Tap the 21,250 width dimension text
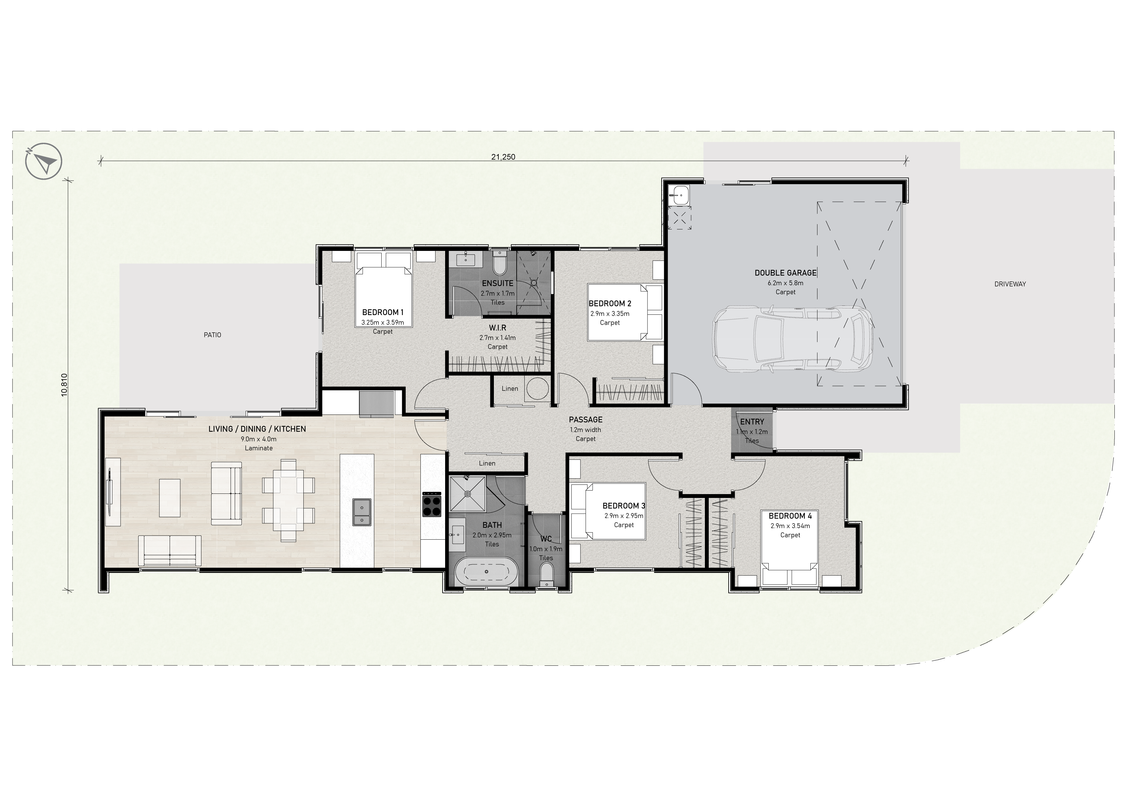point(503,157)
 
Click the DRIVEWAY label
point(1010,284)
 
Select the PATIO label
point(213,335)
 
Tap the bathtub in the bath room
point(486,571)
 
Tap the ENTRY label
point(752,422)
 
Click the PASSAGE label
point(586,420)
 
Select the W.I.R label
point(497,328)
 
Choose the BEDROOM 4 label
point(790,516)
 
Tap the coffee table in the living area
point(170,498)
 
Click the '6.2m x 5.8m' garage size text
point(785,283)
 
